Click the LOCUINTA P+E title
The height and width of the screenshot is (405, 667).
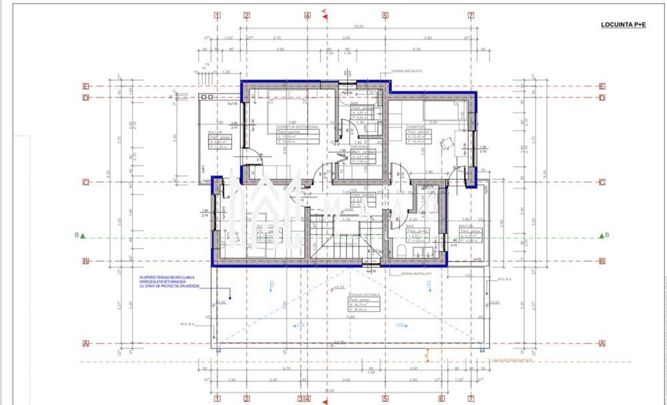click(x=623, y=25)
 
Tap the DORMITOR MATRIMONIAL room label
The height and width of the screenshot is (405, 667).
click(x=298, y=127)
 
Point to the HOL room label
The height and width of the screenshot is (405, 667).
click(x=354, y=189)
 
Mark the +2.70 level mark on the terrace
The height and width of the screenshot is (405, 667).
click(x=339, y=288)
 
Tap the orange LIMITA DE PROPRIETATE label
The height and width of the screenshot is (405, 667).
click(x=512, y=360)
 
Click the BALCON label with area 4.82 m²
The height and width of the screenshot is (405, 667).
click(x=215, y=133)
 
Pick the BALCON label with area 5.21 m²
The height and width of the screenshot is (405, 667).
click(x=466, y=226)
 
